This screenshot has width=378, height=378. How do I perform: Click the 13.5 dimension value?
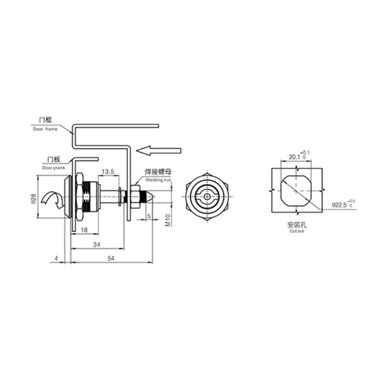point(108,172)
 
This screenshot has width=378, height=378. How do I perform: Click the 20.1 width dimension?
point(293,157)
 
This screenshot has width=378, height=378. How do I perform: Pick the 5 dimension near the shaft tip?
point(149,216)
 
